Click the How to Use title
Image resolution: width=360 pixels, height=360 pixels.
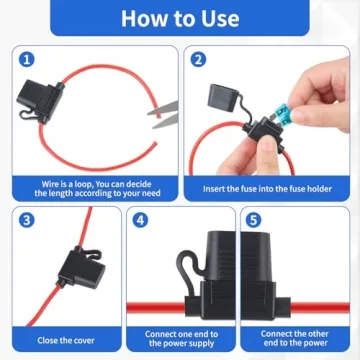click(180, 18)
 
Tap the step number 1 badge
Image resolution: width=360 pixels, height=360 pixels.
click(26, 59)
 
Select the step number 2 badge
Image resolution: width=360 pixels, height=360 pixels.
click(198, 59)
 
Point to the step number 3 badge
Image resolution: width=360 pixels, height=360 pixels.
click(26, 220)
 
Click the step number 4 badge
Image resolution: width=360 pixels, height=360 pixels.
click(141, 220)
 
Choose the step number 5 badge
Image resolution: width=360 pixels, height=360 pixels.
click(255, 220)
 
